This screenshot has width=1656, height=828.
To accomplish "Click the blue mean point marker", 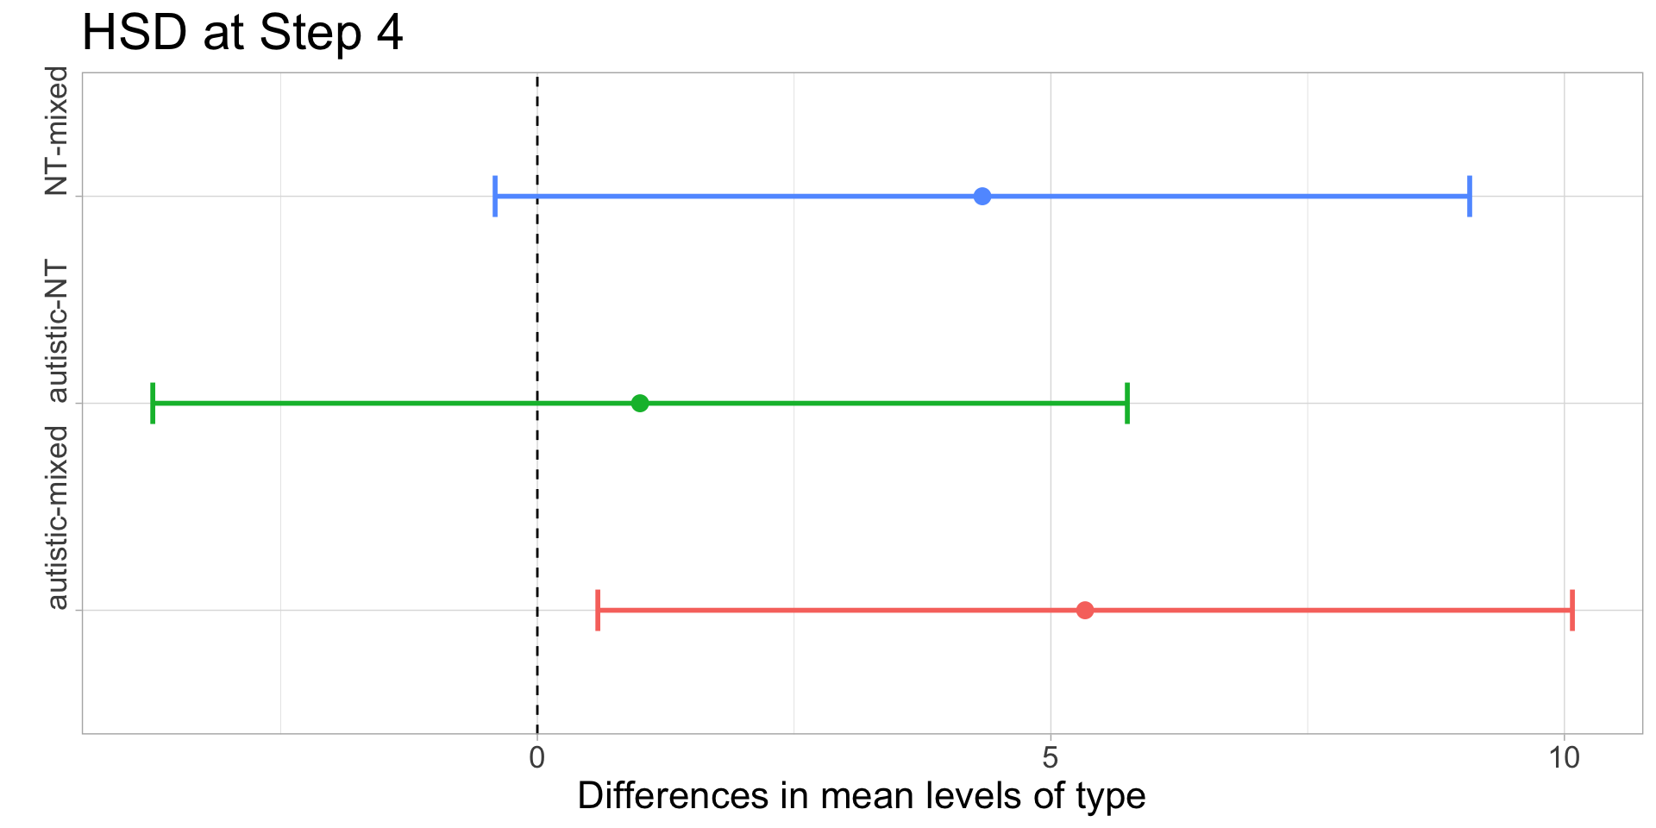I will pyautogui.click(x=982, y=197).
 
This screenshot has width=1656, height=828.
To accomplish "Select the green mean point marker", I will pyautogui.click(x=639, y=403).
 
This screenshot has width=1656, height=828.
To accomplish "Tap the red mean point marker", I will pyautogui.click(x=1085, y=611).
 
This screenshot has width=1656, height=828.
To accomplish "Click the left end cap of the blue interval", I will pyautogui.click(x=495, y=197).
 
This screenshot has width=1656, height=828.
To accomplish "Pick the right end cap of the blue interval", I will pyautogui.click(x=1470, y=197).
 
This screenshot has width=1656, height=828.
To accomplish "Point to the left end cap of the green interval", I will pyautogui.click(x=153, y=403).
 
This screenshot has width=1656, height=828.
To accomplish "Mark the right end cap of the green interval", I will pyautogui.click(x=1127, y=403).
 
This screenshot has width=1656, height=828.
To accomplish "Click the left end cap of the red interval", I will pyautogui.click(x=598, y=611).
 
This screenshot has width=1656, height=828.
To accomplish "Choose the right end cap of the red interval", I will pyautogui.click(x=1572, y=611).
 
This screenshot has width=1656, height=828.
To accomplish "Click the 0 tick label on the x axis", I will pyautogui.click(x=537, y=759).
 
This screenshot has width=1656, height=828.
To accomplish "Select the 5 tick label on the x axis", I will pyautogui.click(x=1050, y=759).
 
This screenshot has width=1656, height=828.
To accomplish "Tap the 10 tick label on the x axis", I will pyautogui.click(x=1563, y=759).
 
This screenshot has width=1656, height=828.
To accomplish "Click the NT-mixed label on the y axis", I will pyautogui.click(x=57, y=131).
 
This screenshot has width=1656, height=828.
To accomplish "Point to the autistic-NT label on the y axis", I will pyautogui.click(x=57, y=332).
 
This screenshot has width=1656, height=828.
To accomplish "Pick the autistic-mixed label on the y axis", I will pyautogui.click(x=57, y=517).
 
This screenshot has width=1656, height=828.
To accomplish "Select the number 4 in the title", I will pyautogui.click(x=390, y=34).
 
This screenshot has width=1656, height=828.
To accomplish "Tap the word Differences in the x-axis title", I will pyautogui.click(x=673, y=796).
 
